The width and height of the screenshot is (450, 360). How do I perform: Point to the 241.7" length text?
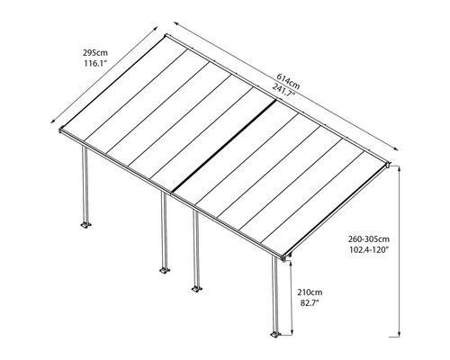click(289, 88)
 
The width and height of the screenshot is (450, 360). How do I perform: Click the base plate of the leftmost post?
click(86, 225)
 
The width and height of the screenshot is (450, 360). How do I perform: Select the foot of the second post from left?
click(165, 270)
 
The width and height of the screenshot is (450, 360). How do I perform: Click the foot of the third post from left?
click(193, 289)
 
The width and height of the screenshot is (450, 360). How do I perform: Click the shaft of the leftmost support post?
click(85, 184)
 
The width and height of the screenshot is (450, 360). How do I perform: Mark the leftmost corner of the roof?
click(64, 132)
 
